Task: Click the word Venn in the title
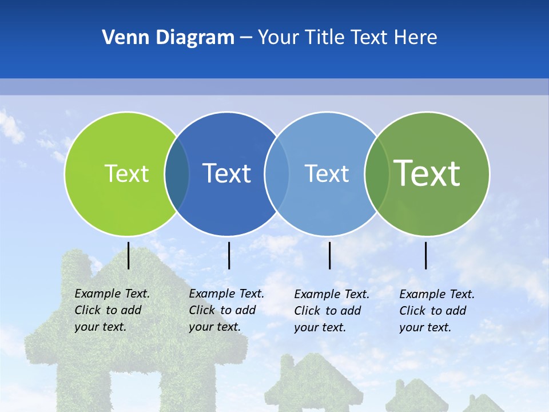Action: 122,38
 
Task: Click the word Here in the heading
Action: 416,38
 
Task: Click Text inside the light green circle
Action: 126,173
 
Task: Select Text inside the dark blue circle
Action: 226,173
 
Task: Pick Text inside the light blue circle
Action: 327,173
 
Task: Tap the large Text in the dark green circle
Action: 427,173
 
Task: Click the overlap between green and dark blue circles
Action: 177,174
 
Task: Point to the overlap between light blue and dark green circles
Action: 377,174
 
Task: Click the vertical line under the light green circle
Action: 129,255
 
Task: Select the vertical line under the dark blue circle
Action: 229,255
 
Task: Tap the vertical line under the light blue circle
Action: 330,255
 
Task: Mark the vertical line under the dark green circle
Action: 426,255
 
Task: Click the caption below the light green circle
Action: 112,310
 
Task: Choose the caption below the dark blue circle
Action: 226,310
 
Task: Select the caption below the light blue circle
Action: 331,311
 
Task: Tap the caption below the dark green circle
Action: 436,311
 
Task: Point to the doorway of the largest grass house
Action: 135,389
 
